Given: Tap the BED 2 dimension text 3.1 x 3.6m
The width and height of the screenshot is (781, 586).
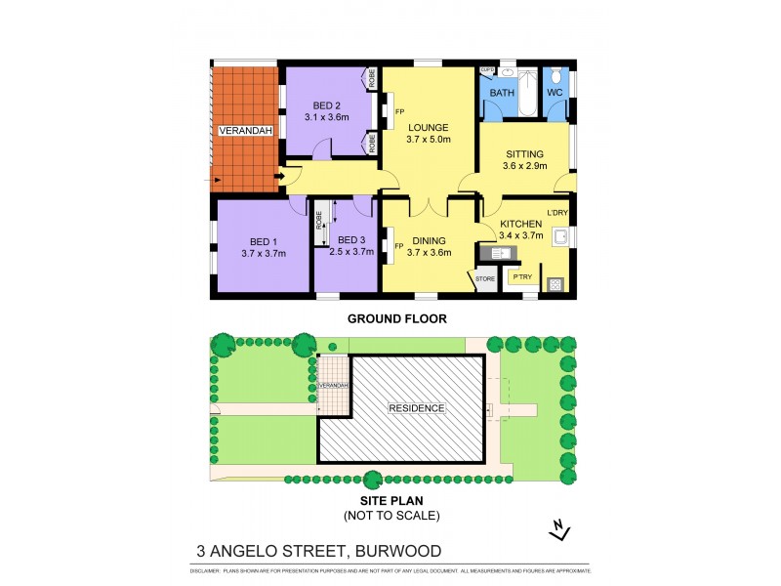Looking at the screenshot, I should [x=326, y=117].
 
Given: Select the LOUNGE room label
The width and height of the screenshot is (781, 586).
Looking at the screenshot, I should [x=428, y=127].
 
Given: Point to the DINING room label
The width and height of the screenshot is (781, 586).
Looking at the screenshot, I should [x=428, y=240].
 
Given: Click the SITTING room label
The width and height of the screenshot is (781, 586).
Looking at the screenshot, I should [x=524, y=154].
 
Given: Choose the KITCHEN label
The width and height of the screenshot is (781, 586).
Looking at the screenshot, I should [x=520, y=224].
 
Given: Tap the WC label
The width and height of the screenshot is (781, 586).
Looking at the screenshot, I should [x=555, y=93].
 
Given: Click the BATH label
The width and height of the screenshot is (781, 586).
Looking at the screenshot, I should [x=502, y=93].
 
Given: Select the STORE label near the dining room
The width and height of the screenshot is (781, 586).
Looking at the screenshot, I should [x=485, y=279].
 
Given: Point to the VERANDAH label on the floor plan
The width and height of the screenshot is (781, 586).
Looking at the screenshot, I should [x=245, y=130].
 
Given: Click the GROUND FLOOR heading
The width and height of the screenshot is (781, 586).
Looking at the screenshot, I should [x=390, y=318].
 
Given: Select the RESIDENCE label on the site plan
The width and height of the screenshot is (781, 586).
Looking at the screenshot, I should [x=417, y=408].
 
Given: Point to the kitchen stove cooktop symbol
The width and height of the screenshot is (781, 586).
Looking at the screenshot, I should [x=556, y=284].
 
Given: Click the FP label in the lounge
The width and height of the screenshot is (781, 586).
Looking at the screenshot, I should [x=388, y=97].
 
